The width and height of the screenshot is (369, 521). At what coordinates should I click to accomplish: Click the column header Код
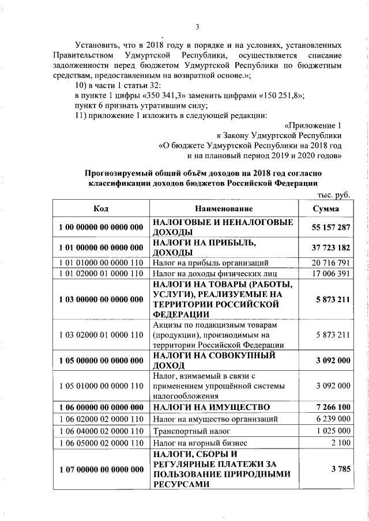tap(101, 208)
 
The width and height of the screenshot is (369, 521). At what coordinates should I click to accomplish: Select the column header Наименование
tap(224, 208)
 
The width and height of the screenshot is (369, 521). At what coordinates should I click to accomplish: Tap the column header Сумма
tap(326, 208)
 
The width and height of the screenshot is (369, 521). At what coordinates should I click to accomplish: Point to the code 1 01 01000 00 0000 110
tap(101, 263)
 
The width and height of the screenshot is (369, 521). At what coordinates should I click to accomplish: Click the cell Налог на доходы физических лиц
tap(215, 273)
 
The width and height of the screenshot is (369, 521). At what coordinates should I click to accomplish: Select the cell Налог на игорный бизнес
tap(199, 443)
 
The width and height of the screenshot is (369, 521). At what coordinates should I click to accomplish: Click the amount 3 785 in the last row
tap(341, 469)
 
